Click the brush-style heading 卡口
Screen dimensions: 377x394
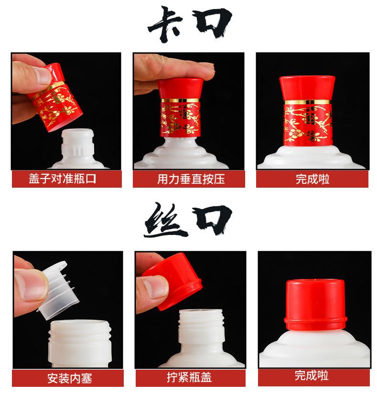(x=189, y=23)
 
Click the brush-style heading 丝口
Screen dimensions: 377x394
(x=188, y=220)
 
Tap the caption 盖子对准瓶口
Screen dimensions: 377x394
(x=62, y=179)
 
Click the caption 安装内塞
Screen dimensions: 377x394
(x=70, y=378)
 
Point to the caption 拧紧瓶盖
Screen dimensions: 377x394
(x=189, y=377)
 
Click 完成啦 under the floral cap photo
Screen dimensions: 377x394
(x=312, y=179)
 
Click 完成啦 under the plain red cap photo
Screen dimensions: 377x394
(x=312, y=376)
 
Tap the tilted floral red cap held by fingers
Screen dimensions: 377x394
(x=56, y=98)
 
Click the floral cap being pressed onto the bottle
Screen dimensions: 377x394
(x=181, y=108)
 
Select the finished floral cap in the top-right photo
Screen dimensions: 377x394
(x=307, y=111)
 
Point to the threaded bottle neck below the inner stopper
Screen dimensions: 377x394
(x=80, y=341)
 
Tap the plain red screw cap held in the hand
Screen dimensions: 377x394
(x=173, y=282)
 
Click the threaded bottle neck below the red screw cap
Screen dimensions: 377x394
(x=201, y=330)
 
